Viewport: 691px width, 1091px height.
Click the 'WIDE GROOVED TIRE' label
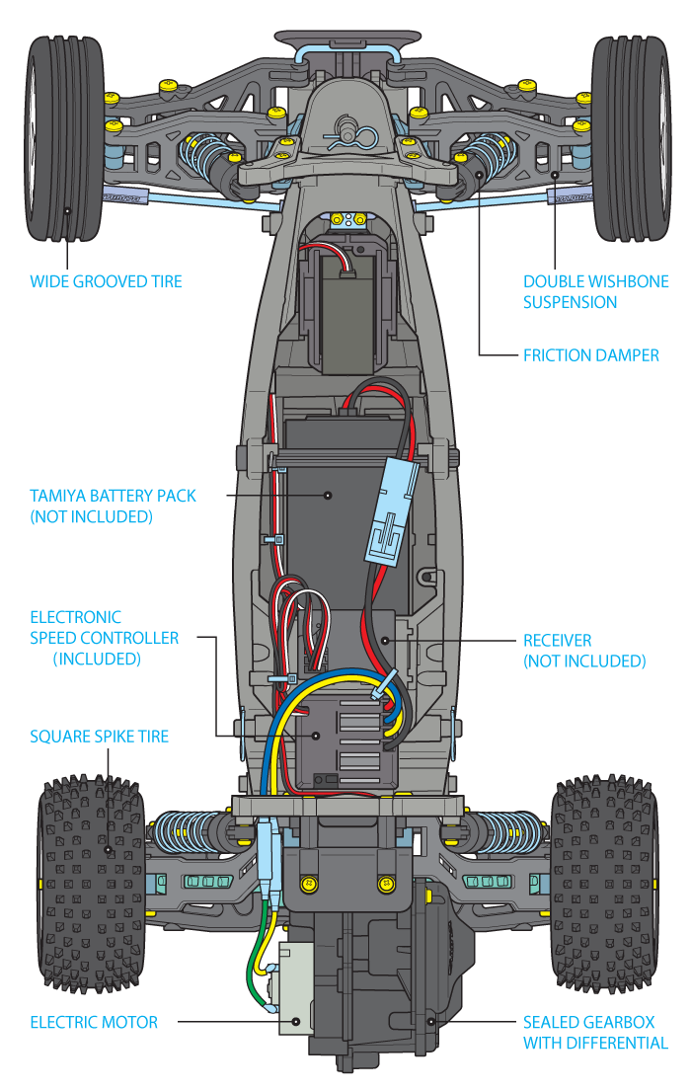106,281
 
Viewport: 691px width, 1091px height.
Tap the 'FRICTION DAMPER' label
590,354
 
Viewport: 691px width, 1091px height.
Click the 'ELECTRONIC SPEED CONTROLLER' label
104,638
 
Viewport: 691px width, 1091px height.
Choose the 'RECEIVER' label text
583,650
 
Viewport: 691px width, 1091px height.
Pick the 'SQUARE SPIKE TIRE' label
99,737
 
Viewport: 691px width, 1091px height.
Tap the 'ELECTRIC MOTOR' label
94,1023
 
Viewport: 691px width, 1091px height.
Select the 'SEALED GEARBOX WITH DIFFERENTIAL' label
594,1033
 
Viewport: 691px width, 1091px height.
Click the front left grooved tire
58,138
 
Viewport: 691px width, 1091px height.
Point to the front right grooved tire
632,138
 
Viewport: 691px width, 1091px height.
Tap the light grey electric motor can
295,987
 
